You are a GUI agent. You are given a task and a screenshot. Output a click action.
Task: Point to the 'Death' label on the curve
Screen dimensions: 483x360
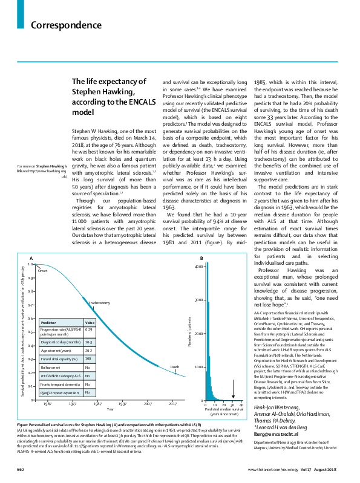(x=174, y=367)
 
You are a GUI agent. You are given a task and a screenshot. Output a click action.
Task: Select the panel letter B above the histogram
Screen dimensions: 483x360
(x=201, y=276)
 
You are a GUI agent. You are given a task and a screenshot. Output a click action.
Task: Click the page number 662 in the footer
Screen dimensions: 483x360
(x=20, y=469)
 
